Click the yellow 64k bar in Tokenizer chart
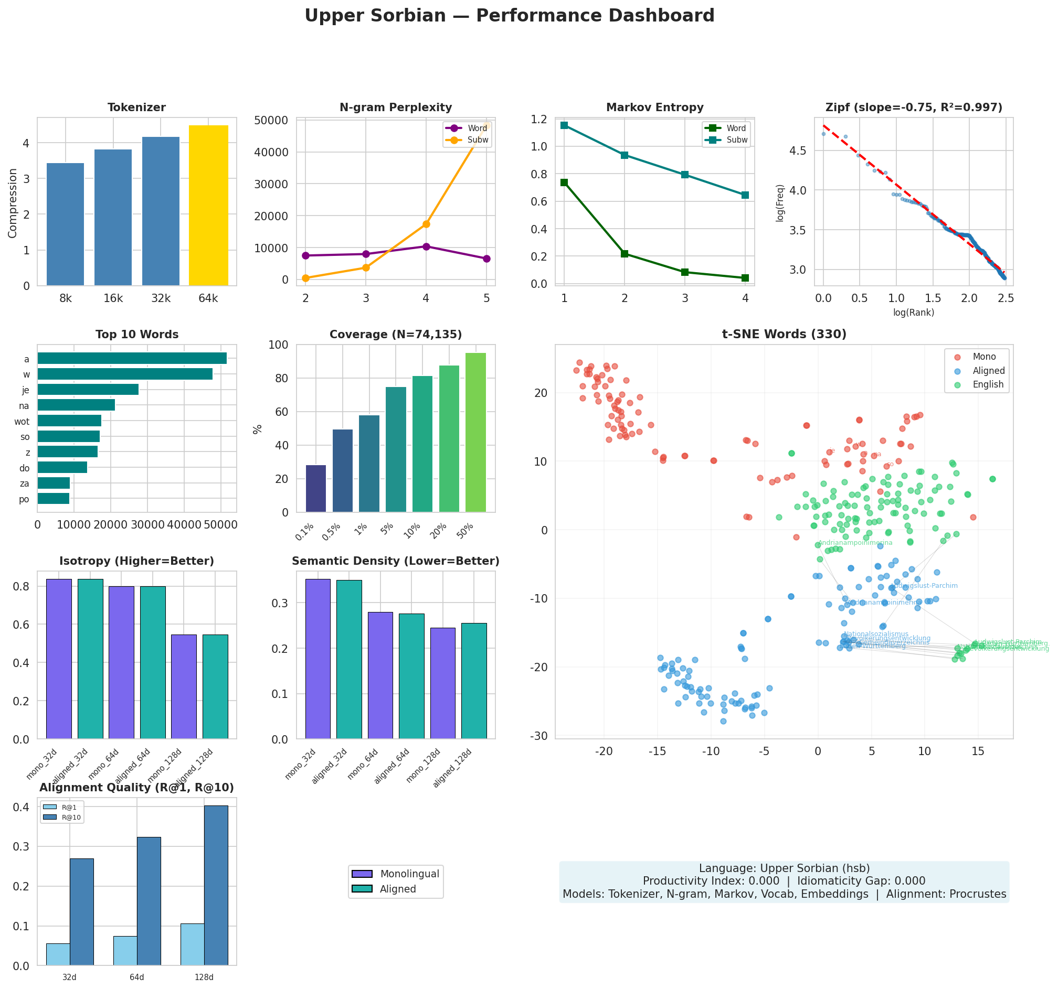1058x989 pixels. tap(208, 206)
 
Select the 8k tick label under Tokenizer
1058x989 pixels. tap(66, 299)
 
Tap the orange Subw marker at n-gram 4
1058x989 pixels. tap(426, 224)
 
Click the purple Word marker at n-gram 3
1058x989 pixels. tap(366, 254)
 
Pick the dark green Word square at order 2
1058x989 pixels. tap(625, 254)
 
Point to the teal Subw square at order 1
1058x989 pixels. tap(564, 125)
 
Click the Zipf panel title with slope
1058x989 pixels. tap(913, 107)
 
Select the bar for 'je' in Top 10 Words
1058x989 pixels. tap(88, 390)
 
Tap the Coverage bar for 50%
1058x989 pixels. tap(475, 432)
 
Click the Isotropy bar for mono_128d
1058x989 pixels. tap(184, 686)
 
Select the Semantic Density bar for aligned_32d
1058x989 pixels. tap(348, 659)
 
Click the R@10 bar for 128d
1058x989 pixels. tap(216, 885)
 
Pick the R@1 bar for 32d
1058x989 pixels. tap(58, 954)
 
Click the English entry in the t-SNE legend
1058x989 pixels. tap(987, 384)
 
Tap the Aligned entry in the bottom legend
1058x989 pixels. tap(398, 889)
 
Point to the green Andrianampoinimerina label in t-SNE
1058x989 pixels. tap(855, 543)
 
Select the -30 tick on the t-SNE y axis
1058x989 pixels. tap(539, 735)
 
